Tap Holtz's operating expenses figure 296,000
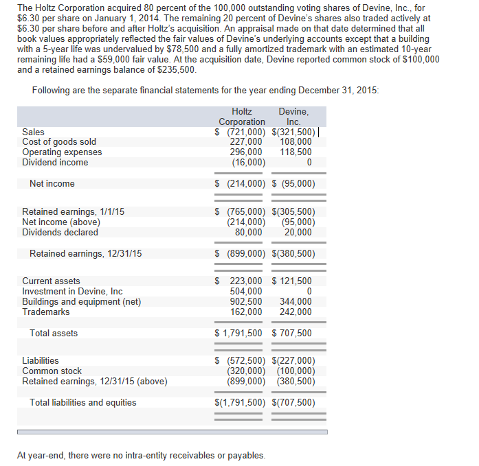click(x=246, y=152)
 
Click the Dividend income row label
click(x=55, y=163)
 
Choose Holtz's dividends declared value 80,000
click(x=248, y=232)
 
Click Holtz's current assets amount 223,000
click(x=246, y=281)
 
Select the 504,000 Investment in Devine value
click(x=246, y=292)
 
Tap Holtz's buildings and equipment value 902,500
click(x=246, y=302)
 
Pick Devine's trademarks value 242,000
click(x=296, y=312)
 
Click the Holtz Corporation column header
click(x=242, y=117)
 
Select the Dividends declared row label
click(x=60, y=232)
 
